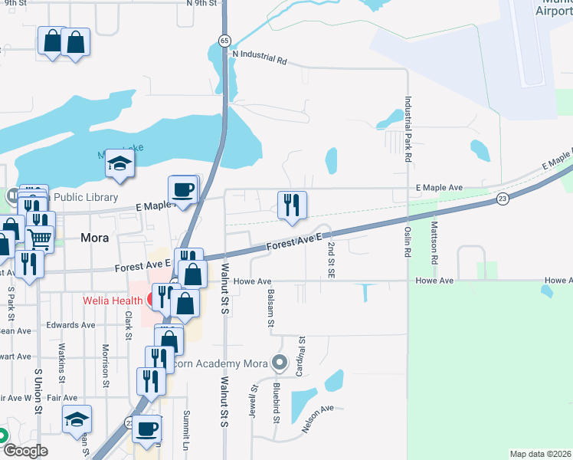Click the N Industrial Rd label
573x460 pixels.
[x=259, y=59]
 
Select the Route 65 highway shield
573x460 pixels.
[x=223, y=39]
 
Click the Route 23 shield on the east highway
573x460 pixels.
[x=502, y=198]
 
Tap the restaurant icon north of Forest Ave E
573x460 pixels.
[x=291, y=205]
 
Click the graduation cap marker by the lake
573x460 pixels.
[x=120, y=163]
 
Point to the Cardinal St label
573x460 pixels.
[x=302, y=350]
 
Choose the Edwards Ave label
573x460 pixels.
[x=70, y=325]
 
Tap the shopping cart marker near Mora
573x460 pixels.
[x=39, y=237]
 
